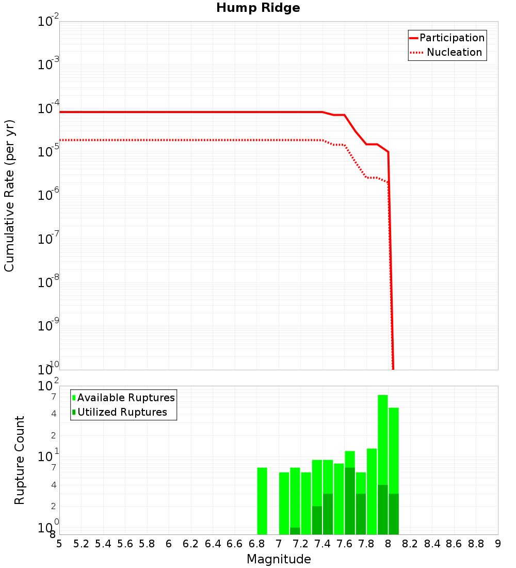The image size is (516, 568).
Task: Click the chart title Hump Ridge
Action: [x=258, y=8]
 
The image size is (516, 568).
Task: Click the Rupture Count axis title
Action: [x=20, y=460]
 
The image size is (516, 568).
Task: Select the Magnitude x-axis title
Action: [x=279, y=559]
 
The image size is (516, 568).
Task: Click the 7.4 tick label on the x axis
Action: [x=322, y=544]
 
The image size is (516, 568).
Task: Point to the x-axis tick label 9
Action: [x=498, y=544]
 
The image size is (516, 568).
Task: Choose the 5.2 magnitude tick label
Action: [x=81, y=544]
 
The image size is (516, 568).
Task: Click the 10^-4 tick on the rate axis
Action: [x=49, y=109]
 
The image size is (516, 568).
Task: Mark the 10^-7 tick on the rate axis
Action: [x=49, y=240]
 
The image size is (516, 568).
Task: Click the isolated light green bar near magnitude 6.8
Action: [x=262, y=501]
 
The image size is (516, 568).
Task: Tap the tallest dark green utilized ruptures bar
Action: [x=350, y=501]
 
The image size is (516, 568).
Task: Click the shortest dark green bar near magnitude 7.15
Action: [x=295, y=531]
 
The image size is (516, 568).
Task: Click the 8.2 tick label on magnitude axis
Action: [x=410, y=544]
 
